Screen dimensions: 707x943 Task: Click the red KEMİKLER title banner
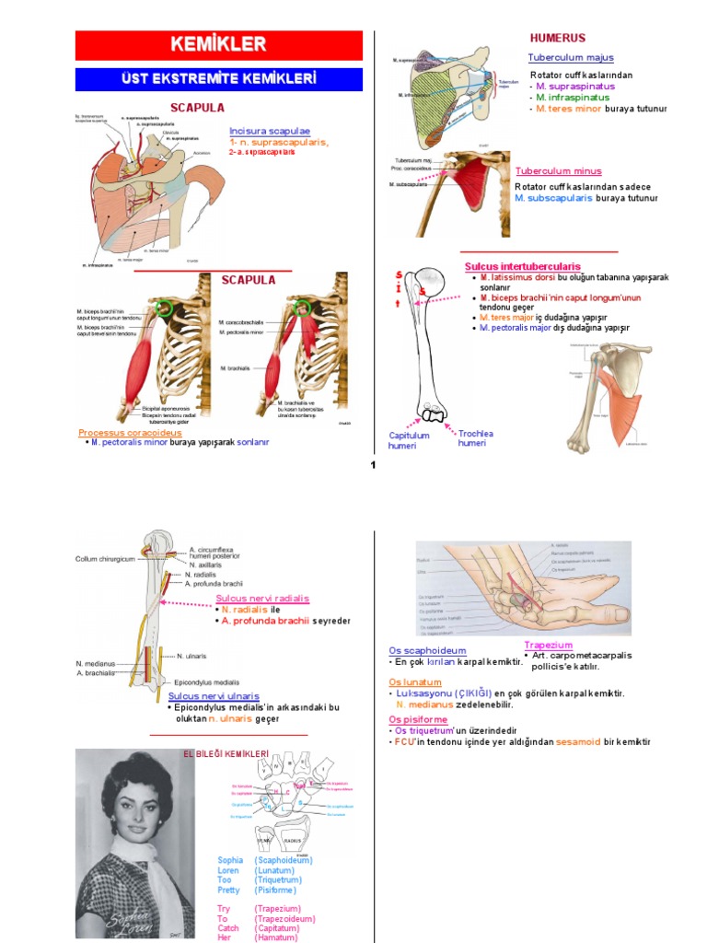[x=225, y=44]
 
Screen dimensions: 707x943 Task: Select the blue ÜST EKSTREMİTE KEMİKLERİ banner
[x=225, y=78]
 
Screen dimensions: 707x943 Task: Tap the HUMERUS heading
[x=557, y=38]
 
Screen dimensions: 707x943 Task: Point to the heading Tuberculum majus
[x=564, y=58]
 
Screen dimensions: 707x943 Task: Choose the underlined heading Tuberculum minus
[x=558, y=171]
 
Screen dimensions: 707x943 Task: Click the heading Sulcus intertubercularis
[x=522, y=266]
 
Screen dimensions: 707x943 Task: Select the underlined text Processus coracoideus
[x=130, y=432]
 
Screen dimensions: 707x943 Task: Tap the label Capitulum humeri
[x=410, y=440]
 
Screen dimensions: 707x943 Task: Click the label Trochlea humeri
[x=471, y=437]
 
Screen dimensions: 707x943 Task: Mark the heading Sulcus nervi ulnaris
[x=214, y=696]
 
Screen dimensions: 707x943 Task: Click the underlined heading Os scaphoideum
[x=427, y=650]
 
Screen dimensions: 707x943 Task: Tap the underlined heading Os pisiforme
[x=418, y=719]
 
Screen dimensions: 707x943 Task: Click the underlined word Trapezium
[x=549, y=645]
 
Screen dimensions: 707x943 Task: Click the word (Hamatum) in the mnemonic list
[x=280, y=938]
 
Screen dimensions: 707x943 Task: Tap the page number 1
[x=373, y=466]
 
